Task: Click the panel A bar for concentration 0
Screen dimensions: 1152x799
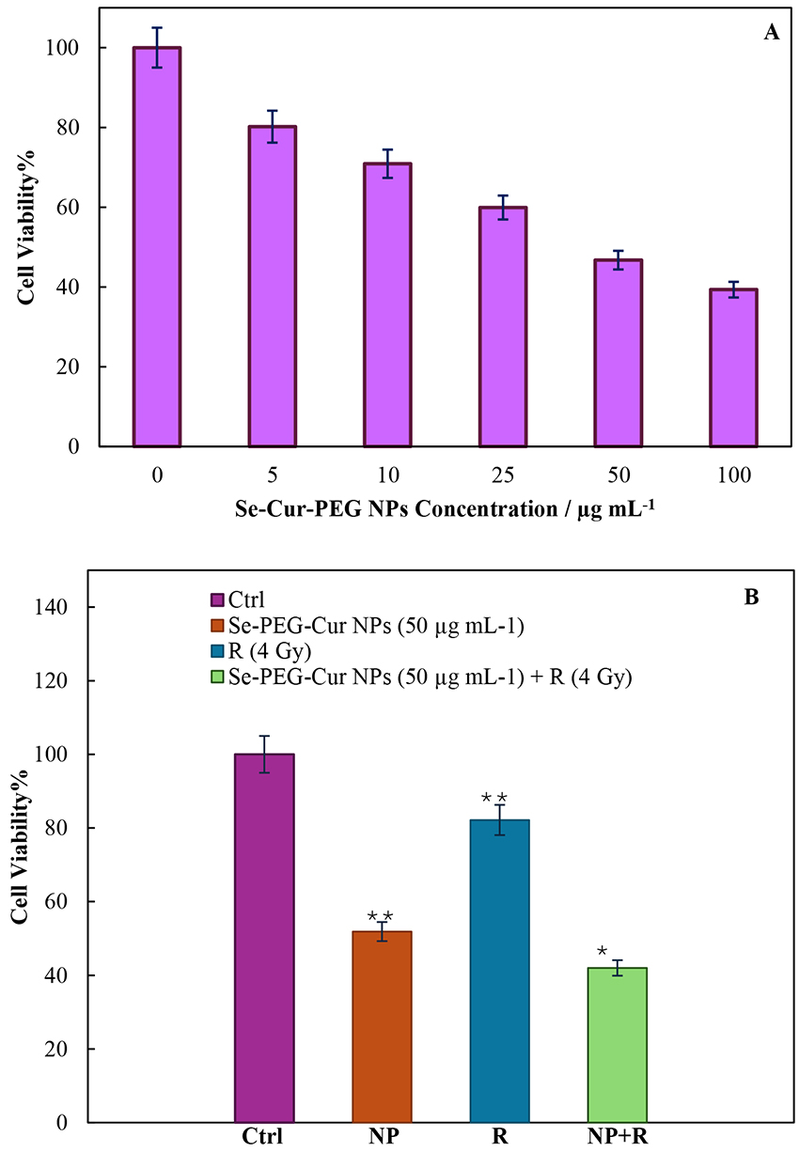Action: click(x=157, y=246)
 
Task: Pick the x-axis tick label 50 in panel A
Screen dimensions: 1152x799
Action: click(x=619, y=475)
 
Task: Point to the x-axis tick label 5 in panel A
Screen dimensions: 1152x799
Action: click(x=272, y=475)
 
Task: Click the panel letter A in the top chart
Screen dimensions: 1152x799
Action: click(x=772, y=33)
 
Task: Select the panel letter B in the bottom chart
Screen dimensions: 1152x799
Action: click(x=751, y=596)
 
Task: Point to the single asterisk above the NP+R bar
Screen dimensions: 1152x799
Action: click(x=602, y=954)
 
